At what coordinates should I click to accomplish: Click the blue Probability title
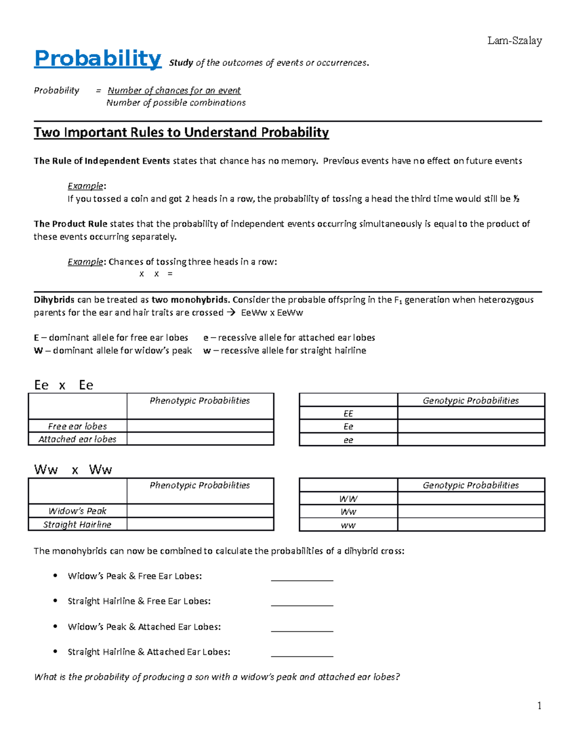pyautogui.click(x=97, y=59)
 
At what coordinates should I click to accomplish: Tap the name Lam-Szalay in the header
pyautogui.click(x=515, y=41)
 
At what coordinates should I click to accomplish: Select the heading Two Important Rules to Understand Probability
pyautogui.click(x=181, y=132)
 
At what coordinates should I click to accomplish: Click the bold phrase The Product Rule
pyautogui.click(x=71, y=224)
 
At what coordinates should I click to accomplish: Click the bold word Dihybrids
pyautogui.click(x=54, y=300)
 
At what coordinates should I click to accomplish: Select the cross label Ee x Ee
pyautogui.click(x=63, y=385)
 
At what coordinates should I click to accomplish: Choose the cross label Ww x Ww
pyautogui.click(x=72, y=470)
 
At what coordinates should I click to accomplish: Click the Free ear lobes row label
pyautogui.click(x=77, y=426)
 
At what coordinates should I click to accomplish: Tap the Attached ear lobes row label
pyautogui.click(x=77, y=439)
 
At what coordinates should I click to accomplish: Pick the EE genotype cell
pyautogui.click(x=348, y=414)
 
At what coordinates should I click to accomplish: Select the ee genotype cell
pyautogui.click(x=348, y=440)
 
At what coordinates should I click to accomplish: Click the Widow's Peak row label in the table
pyautogui.click(x=77, y=511)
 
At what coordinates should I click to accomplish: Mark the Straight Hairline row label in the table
pyautogui.click(x=77, y=524)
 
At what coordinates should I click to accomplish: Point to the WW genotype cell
pyautogui.click(x=348, y=499)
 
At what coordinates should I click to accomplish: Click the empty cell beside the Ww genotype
pyautogui.click(x=471, y=512)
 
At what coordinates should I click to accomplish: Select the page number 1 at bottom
pyautogui.click(x=540, y=705)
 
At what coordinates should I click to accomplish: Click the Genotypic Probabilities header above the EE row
pyautogui.click(x=470, y=401)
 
